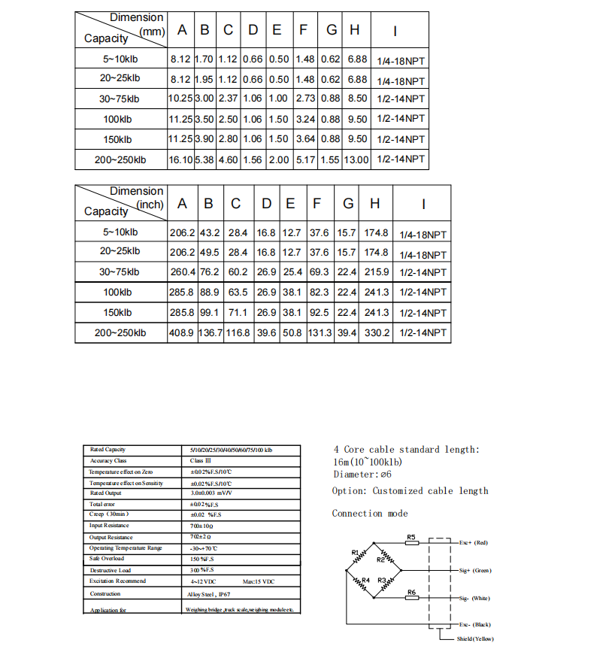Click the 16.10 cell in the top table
[180, 159]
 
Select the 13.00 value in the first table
[356, 159]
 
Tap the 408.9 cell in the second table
[183, 332]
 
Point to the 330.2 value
[377, 332]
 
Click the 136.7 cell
[210, 332]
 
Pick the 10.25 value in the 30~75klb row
[180, 99]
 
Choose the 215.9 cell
[377, 272]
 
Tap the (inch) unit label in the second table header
[150, 205]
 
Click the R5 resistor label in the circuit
[411, 537]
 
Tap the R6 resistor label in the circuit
[411, 593]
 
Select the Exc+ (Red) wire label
[474, 542]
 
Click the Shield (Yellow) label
[475, 638]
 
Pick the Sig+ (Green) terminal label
[475, 571]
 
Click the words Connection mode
[370, 514]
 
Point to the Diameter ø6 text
[362, 475]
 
